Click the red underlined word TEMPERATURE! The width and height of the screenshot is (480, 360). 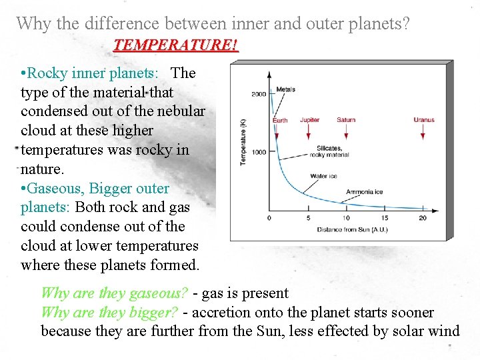click(175, 45)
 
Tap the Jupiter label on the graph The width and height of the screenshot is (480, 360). click(309, 120)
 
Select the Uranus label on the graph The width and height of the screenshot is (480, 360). click(423, 120)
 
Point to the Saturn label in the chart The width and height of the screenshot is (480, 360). click(345, 120)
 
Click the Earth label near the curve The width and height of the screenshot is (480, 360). click(281, 121)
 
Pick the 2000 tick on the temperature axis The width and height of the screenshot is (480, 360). click(259, 94)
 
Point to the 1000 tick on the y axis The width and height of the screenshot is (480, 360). click(259, 152)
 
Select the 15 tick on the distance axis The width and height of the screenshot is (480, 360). click(384, 218)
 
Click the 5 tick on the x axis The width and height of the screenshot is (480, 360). click(307, 218)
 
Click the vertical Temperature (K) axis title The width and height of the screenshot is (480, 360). click(243, 141)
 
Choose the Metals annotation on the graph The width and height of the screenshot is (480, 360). click(285, 89)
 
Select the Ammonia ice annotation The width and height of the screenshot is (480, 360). click(364, 192)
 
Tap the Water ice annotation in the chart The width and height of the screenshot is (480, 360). click(323, 176)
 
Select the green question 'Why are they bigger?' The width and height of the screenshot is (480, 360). click(109, 312)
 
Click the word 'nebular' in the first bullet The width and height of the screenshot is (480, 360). click(181, 111)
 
